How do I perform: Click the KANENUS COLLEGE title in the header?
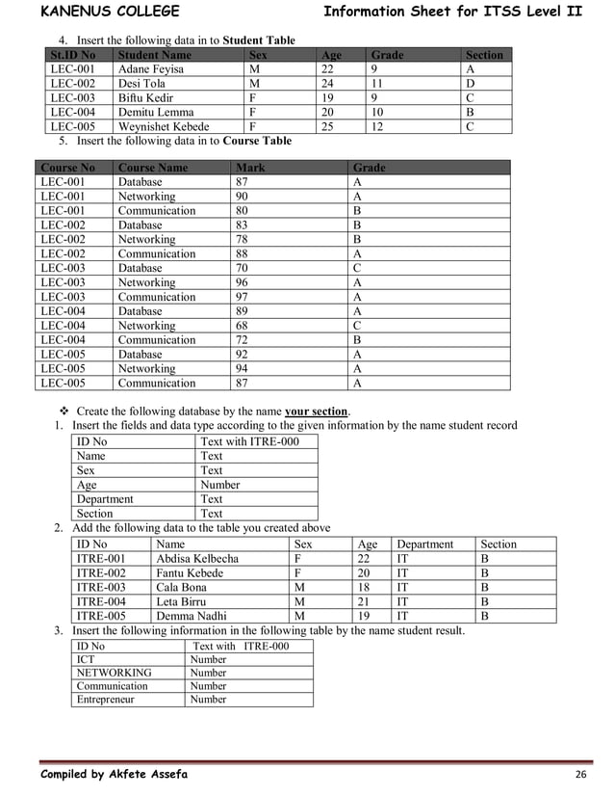click(110, 12)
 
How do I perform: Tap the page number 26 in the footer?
click(580, 775)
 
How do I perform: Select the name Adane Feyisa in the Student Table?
click(150, 69)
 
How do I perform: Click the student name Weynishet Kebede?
click(164, 126)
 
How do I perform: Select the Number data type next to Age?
click(219, 485)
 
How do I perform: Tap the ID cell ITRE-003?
click(101, 587)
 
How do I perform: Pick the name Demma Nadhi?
click(192, 616)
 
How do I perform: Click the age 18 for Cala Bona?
click(364, 587)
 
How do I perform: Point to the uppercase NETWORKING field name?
click(114, 673)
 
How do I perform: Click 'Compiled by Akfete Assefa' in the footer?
click(114, 775)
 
